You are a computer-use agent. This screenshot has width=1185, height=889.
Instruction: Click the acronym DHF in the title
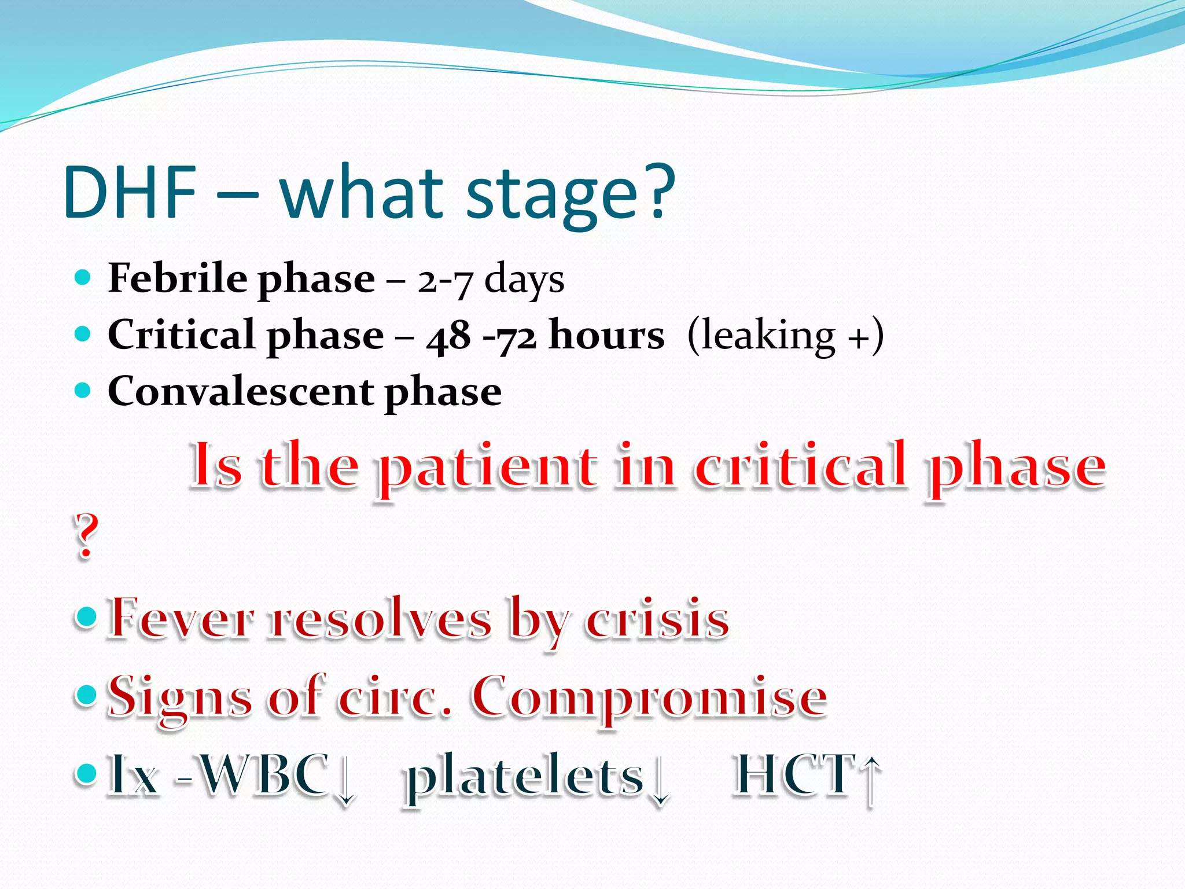pos(131,193)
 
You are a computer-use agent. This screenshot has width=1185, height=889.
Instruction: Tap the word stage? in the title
pos(570,194)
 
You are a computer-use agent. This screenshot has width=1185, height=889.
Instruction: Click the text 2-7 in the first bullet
pos(446,281)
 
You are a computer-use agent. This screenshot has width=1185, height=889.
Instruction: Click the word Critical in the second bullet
pos(181,335)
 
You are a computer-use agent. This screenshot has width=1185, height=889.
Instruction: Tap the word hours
pos(606,335)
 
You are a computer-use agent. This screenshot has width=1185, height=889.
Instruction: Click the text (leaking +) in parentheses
pos(786,336)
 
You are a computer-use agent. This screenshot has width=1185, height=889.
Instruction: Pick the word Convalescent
pos(241,391)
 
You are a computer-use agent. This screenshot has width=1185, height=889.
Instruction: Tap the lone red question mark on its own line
pos(86,536)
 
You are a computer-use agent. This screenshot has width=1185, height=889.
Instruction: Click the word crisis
pos(657,618)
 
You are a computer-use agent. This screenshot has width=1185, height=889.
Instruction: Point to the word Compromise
pos(649,698)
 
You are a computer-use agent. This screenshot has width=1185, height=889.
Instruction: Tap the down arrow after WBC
pos(346,779)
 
